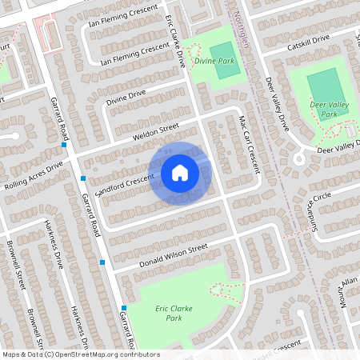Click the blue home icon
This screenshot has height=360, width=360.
[x=180, y=172]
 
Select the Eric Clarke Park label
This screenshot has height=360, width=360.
[x=168, y=313]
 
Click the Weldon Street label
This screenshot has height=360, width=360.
[x=156, y=132]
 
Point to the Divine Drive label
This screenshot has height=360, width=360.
[x=126, y=98]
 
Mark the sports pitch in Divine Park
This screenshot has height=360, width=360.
[x=228, y=65]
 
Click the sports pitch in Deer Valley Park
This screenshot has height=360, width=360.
[x=323, y=83]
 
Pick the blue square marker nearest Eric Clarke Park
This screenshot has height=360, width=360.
[x=124, y=308]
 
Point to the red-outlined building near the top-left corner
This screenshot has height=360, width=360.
[x=46, y=32]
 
